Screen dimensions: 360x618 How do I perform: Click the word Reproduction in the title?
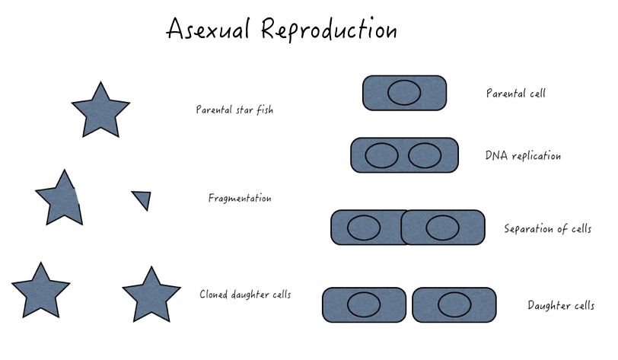pyautogui.click(x=329, y=30)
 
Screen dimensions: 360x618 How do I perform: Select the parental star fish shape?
pyautogui.click(x=100, y=110)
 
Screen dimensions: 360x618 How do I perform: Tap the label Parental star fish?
pyautogui.click(x=234, y=110)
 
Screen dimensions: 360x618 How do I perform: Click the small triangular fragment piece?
pyautogui.click(x=142, y=199)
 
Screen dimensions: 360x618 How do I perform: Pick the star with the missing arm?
pyautogui.click(x=60, y=200)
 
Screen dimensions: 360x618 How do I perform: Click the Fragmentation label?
pyautogui.click(x=240, y=199)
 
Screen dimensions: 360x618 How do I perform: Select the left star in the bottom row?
pyautogui.click(x=40, y=291)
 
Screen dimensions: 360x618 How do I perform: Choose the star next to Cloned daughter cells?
pyautogui.click(x=151, y=295)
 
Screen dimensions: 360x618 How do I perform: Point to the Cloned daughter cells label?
pyautogui.click(x=245, y=295)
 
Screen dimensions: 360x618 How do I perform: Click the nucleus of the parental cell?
pyautogui.click(x=404, y=93)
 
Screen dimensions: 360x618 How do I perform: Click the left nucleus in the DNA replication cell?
pyautogui.click(x=381, y=155)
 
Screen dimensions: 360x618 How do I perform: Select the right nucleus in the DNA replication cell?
pyautogui.click(x=425, y=155)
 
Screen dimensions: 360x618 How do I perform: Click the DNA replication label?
pyautogui.click(x=523, y=156)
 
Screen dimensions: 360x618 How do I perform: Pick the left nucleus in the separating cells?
pyautogui.click(x=364, y=227)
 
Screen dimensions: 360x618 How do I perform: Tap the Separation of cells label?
pyautogui.click(x=547, y=228)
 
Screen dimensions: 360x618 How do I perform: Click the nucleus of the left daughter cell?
pyautogui.click(x=364, y=304)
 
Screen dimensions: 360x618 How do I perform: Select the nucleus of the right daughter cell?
pyautogui.click(x=454, y=304)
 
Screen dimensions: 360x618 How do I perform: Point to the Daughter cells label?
pyautogui.click(x=561, y=306)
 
